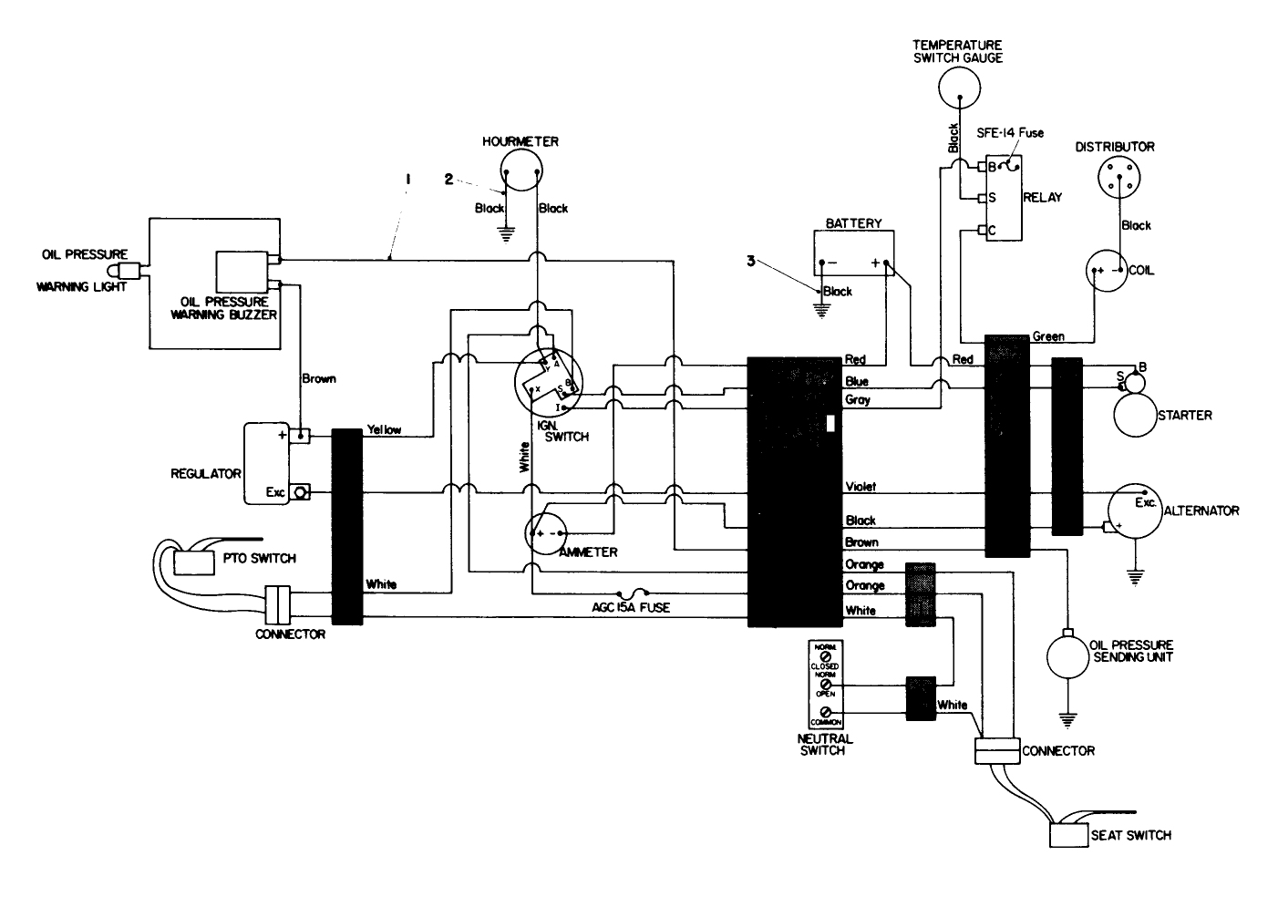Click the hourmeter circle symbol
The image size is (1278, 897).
(521, 170)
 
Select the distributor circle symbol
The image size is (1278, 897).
(1121, 176)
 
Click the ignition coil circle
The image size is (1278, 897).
(1108, 272)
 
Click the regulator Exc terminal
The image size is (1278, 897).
(302, 492)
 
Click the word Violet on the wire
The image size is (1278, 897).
(861, 487)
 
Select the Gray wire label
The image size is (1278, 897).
(858, 400)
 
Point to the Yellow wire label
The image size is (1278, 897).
(384, 429)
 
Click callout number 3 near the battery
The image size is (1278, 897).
(751, 260)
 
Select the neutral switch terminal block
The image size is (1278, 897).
(825, 684)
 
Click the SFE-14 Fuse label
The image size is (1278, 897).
(1010, 134)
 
